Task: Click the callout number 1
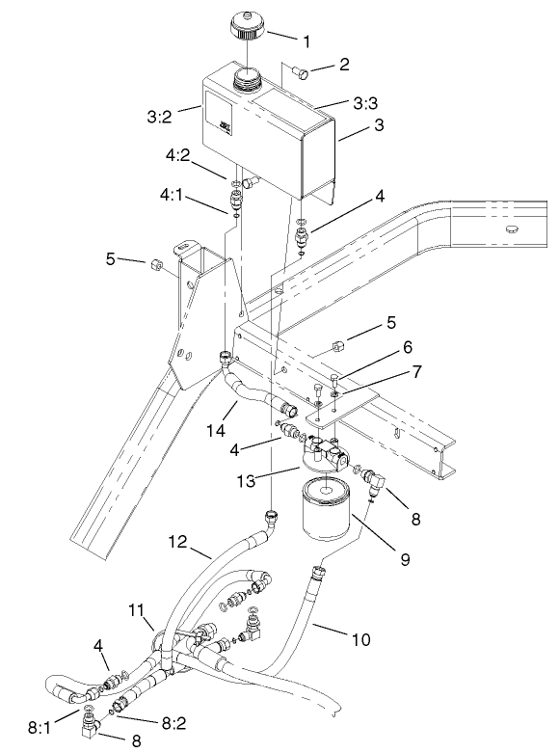coord(306,41)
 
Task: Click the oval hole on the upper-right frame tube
coord(511,229)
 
